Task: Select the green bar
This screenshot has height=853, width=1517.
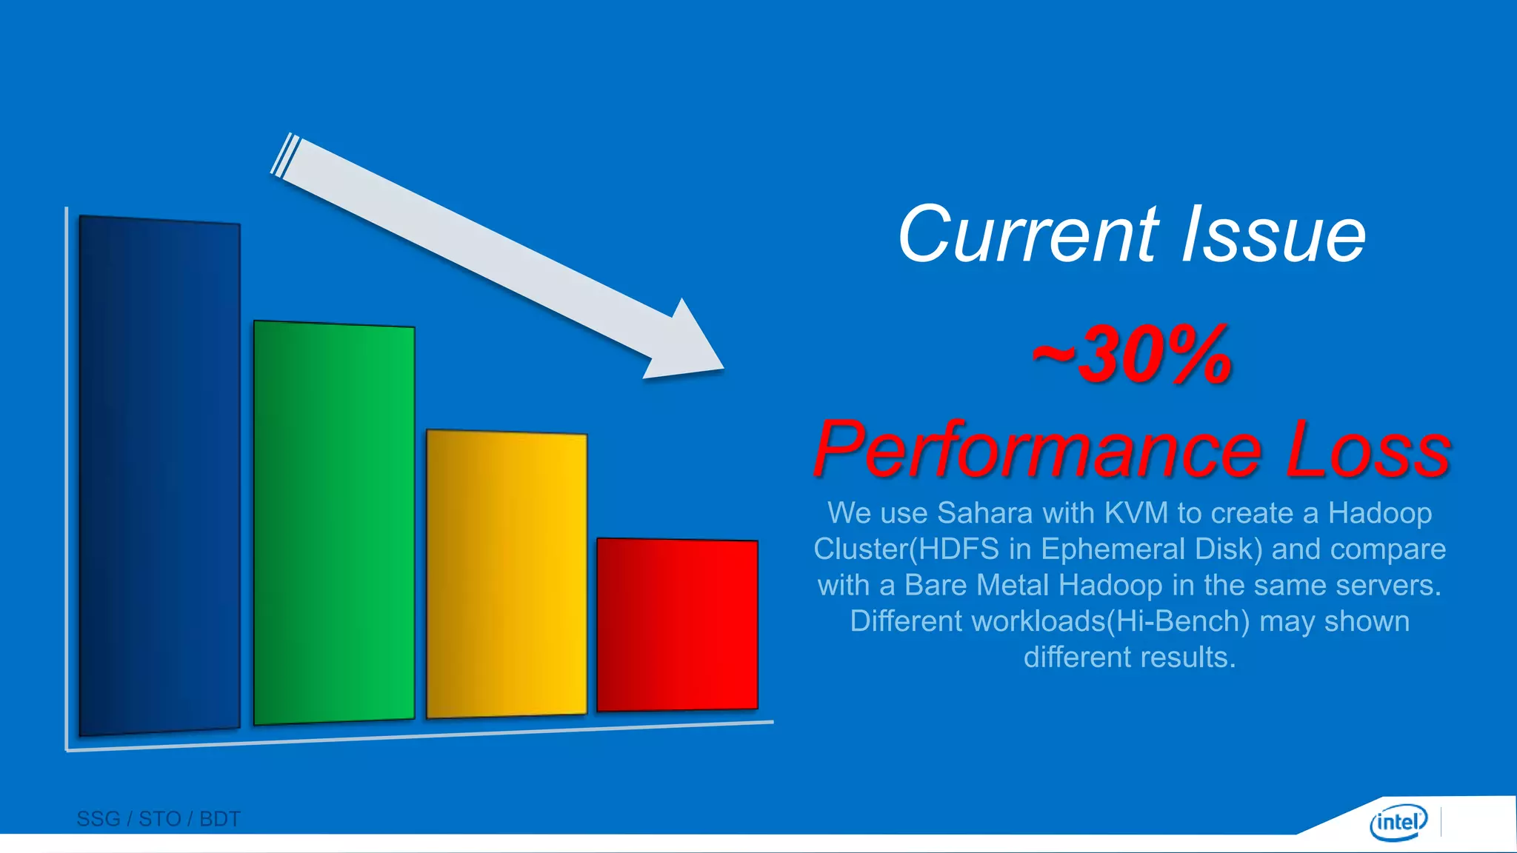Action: [333, 523]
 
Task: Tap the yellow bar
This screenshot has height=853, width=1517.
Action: [507, 575]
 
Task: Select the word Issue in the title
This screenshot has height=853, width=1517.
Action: [1273, 235]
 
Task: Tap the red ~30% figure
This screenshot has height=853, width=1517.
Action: [1132, 355]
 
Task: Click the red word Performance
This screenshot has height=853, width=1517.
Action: [1037, 450]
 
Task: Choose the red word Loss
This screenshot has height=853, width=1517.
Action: [1367, 450]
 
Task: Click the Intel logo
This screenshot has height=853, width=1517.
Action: [1398, 822]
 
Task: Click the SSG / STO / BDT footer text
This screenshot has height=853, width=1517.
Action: [159, 819]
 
